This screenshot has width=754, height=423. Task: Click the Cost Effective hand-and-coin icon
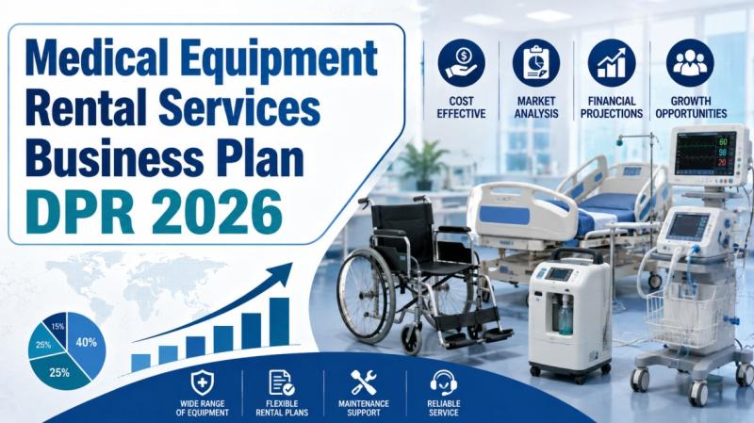(x=461, y=63)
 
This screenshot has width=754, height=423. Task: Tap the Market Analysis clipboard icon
(x=536, y=63)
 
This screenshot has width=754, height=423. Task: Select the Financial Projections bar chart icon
(x=612, y=63)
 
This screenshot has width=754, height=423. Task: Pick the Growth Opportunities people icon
(x=690, y=63)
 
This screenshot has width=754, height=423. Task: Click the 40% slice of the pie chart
(x=87, y=345)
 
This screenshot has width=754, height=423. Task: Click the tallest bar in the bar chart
(x=279, y=321)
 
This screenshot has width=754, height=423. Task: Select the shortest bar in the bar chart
(x=140, y=363)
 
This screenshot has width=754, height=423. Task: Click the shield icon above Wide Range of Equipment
(x=203, y=383)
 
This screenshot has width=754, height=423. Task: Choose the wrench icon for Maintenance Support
(x=364, y=382)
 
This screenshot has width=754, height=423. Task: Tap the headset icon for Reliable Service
(x=443, y=382)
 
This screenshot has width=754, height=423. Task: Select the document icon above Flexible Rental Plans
(x=281, y=382)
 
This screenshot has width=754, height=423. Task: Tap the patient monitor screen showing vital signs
(x=705, y=154)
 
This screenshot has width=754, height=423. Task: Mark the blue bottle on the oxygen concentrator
(x=565, y=315)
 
